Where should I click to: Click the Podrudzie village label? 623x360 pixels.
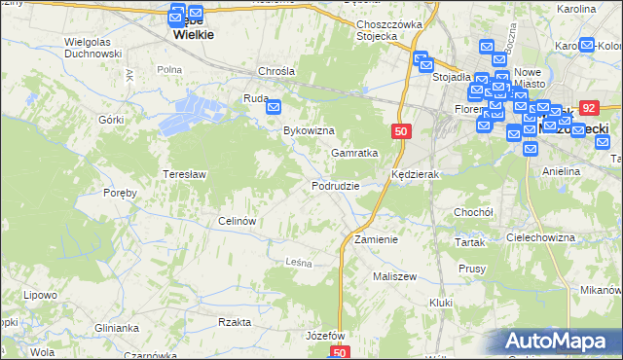click(336, 186)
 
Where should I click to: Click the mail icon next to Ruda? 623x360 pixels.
click(274, 107)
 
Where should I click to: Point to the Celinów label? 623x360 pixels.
click(237, 221)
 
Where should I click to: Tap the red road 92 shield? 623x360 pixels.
click(588, 109)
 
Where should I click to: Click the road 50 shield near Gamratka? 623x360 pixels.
click(401, 130)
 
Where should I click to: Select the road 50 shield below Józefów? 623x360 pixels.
click(339, 353)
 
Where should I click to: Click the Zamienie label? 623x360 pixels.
click(376, 239)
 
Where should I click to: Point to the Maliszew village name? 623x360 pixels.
click(394, 276)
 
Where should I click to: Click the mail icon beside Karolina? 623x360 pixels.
click(587, 45)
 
